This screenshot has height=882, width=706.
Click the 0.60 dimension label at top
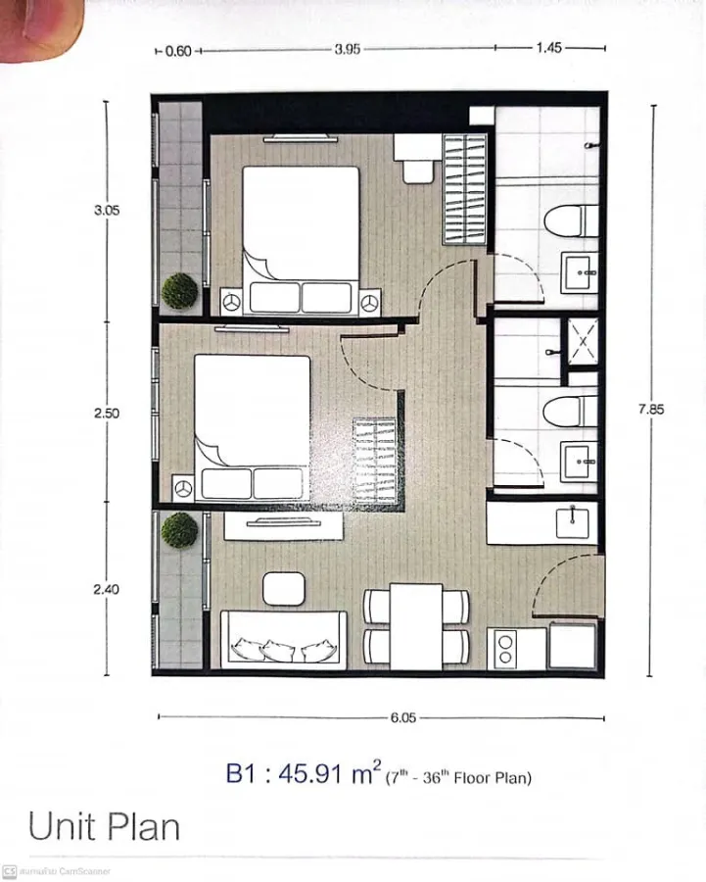[x=179, y=51]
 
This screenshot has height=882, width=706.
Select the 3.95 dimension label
[x=348, y=49]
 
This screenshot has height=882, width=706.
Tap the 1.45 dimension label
[x=548, y=48]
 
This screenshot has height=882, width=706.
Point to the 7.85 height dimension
[x=651, y=409]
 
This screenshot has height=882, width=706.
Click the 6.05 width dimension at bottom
[x=403, y=717]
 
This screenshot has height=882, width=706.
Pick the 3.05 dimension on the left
[x=107, y=211]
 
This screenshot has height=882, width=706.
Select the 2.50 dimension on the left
[x=107, y=414]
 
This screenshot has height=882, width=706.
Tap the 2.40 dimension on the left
[x=106, y=590]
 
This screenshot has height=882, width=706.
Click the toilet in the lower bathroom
[x=570, y=412]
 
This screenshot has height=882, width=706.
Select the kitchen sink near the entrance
[x=572, y=523]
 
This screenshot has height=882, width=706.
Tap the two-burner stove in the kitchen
[x=505, y=649]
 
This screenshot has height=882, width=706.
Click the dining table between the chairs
[x=416, y=626]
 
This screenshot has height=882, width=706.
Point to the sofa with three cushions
[x=284, y=640]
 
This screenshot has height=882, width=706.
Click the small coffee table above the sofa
[x=284, y=589]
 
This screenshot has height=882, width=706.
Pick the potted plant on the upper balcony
[x=180, y=291]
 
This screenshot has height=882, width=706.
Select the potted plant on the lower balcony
[x=180, y=530]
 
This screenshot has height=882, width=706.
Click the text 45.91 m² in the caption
[x=330, y=773]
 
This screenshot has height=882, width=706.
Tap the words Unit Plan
[x=104, y=827]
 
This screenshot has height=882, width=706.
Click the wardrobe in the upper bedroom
[x=464, y=189]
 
